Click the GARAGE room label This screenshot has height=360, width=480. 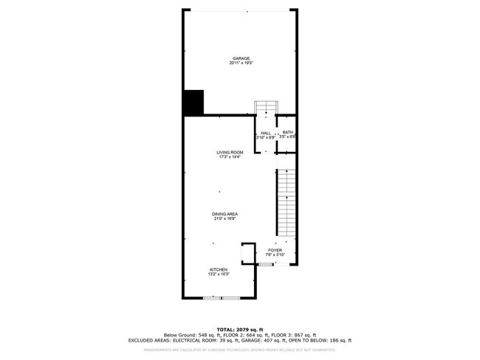click(x=240, y=58)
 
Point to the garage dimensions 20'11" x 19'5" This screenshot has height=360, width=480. click(x=240, y=63)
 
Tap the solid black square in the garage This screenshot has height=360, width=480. click(x=193, y=103)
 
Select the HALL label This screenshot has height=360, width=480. click(x=265, y=133)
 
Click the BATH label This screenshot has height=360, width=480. click(x=287, y=132)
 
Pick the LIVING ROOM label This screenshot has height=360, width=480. click(x=230, y=152)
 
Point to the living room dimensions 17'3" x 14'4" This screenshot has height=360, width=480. click(x=230, y=157)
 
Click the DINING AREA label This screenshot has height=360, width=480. click(x=226, y=214)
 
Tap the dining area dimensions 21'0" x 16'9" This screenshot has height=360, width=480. click(x=226, y=219)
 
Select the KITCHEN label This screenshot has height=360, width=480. click(x=218, y=270)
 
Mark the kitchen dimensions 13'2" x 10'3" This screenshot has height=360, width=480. click(x=218, y=275)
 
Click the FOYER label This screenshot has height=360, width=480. click(x=275, y=250)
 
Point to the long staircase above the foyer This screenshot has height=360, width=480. click(x=286, y=203)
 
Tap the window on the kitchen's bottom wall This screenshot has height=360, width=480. click(x=222, y=297)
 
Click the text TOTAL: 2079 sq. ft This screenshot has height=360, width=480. click(x=240, y=329)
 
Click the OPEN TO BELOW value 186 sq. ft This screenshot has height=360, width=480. click(x=338, y=340)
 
